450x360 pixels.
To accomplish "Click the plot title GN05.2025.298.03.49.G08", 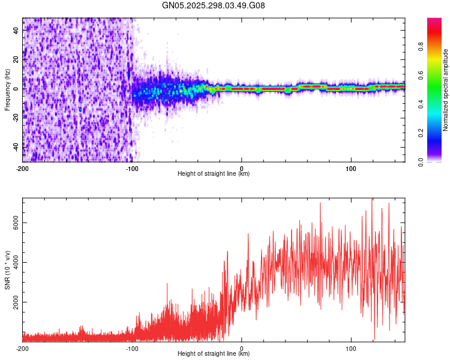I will click(x=214, y=6).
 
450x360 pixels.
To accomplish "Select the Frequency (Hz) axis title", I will click(x=7, y=90).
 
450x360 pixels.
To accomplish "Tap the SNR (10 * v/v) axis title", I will click(x=7, y=270).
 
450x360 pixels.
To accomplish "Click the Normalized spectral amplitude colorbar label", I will click(x=445, y=90).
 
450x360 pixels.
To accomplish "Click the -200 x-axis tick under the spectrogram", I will click(x=23, y=167).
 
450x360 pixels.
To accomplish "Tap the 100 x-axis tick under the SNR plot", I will click(x=351, y=347).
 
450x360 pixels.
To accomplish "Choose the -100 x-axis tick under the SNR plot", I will click(x=132, y=347).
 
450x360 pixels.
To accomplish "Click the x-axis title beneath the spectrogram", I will click(x=214, y=174).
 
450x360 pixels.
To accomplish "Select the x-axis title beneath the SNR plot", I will click(x=214, y=354).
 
